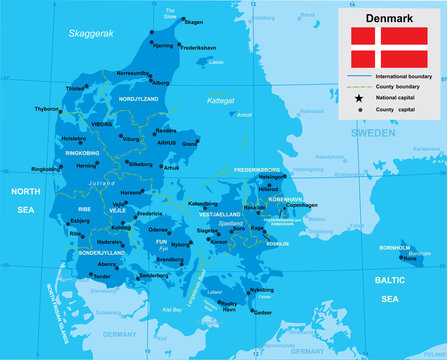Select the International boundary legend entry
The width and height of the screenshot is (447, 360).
(405, 76)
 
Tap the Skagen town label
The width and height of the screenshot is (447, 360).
(194, 22)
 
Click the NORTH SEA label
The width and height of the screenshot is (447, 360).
(23, 199)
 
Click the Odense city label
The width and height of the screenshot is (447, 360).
(158, 229)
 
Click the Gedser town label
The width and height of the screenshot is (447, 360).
(262, 312)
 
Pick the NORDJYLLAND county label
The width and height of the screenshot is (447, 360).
(139, 99)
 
